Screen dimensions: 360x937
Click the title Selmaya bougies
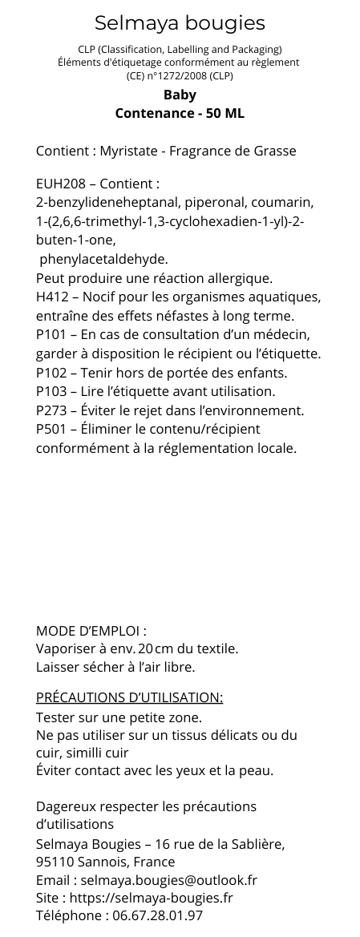[x=180, y=22]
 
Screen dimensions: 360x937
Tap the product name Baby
[x=180, y=95]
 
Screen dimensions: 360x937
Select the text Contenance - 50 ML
[x=180, y=113]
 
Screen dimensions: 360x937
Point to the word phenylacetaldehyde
[x=103, y=259]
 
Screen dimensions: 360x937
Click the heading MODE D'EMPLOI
[x=89, y=630]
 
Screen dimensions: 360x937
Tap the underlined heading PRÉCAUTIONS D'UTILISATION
[x=129, y=697]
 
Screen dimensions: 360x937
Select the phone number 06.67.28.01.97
[x=157, y=915]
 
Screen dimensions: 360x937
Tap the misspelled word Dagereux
[x=67, y=806]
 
